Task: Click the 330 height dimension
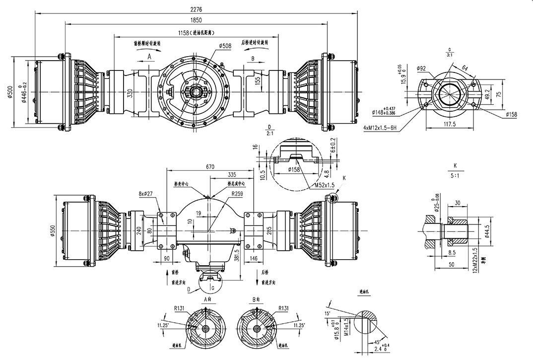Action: pyautogui.click(x=130, y=94)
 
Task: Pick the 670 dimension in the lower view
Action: pyautogui.click(x=210, y=167)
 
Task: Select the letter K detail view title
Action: pyautogui.click(x=455, y=165)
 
